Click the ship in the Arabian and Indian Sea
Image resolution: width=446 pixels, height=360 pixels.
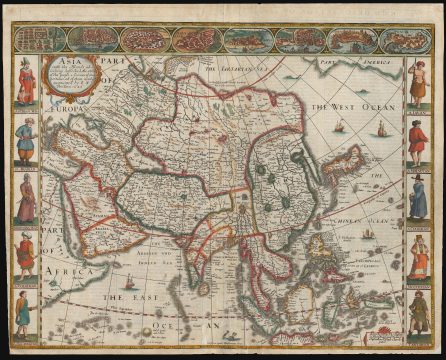[128, 285]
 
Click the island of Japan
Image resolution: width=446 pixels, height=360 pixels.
[344, 163]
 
